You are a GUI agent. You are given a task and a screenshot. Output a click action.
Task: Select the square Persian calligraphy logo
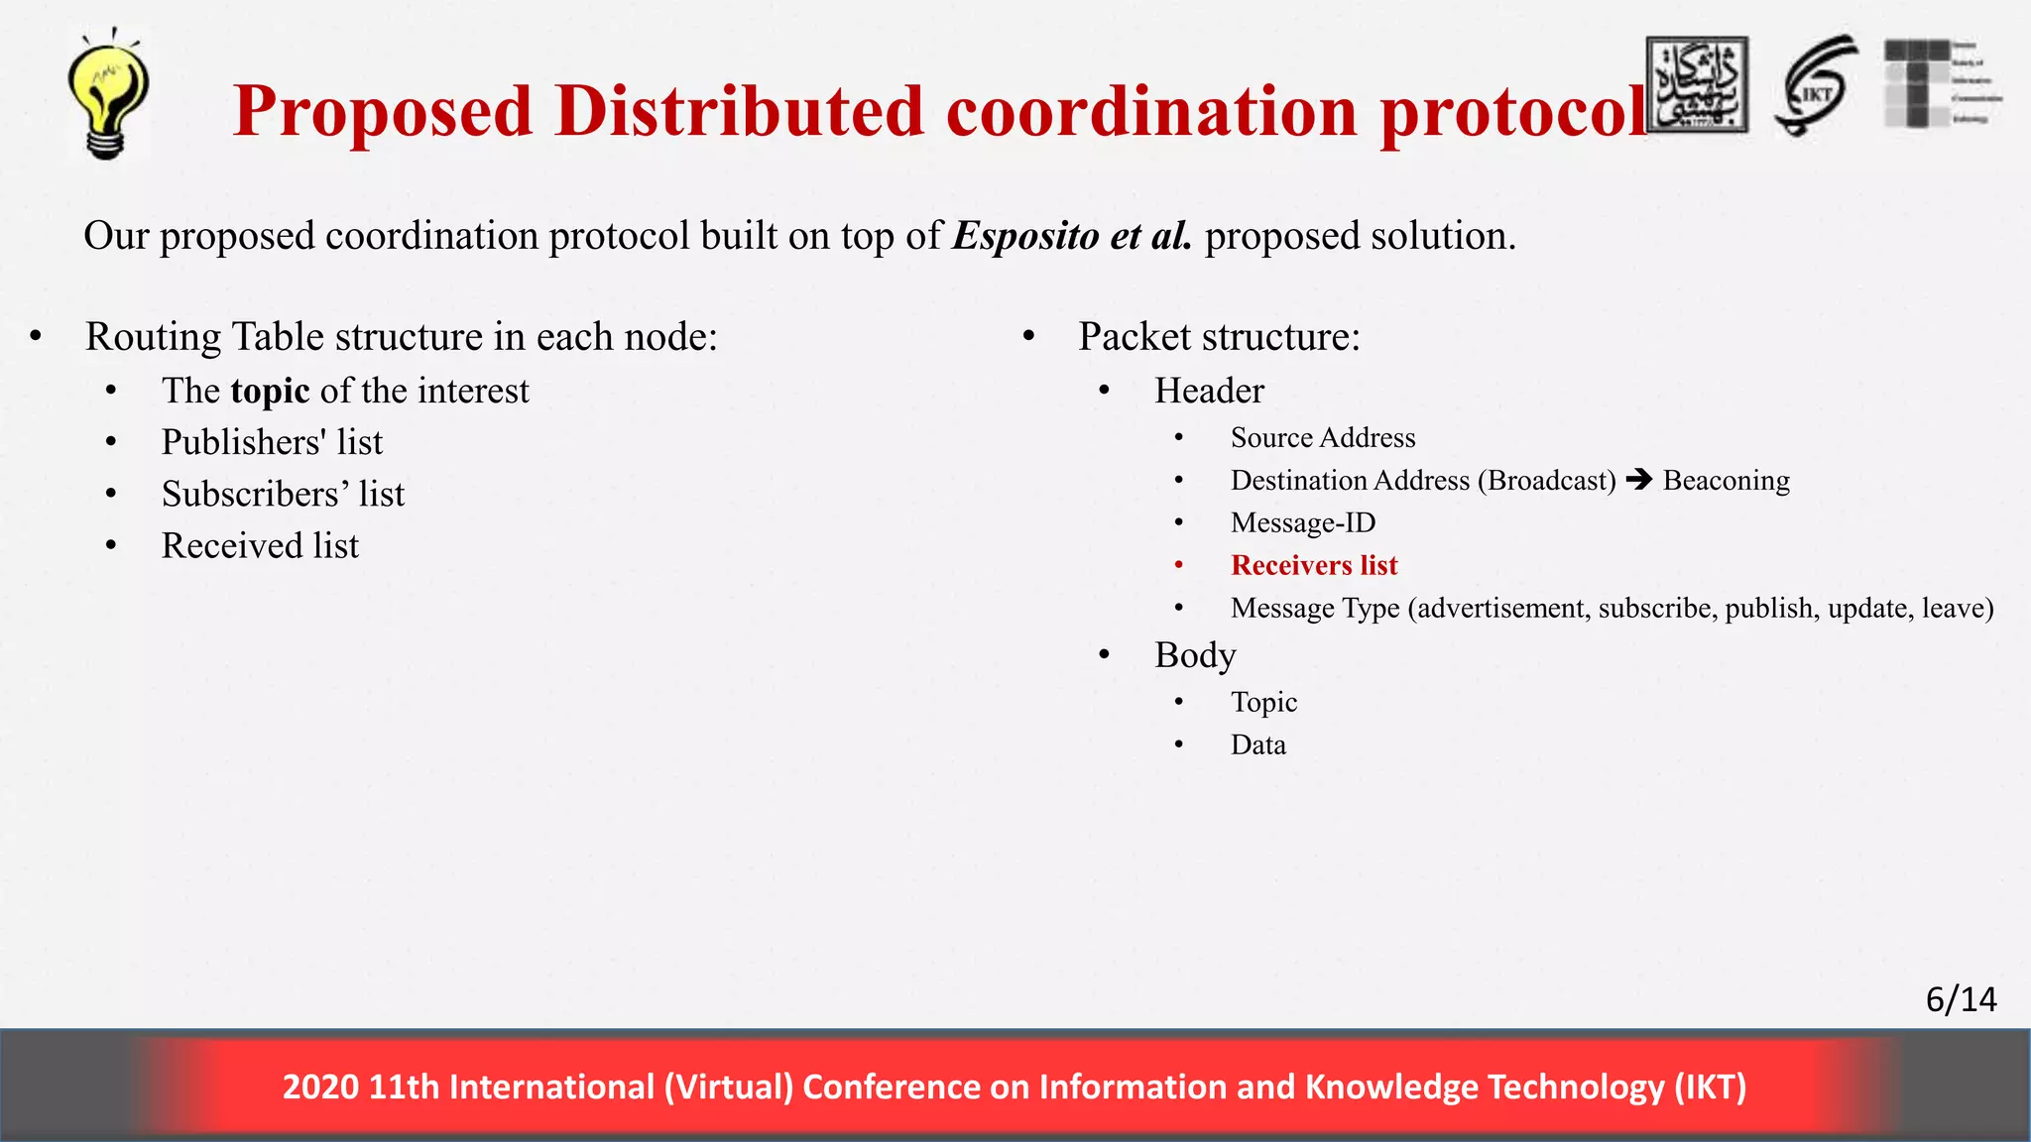pos(1697,85)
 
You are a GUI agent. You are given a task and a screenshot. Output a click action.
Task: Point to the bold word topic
pos(270,391)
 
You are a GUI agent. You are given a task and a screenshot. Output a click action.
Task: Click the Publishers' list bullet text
pos(272,442)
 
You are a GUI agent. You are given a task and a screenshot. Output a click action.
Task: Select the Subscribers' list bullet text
pos(283,494)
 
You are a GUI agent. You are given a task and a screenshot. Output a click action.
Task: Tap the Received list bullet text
pos(260,545)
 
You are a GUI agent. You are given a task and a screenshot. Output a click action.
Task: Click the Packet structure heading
pos(1219,336)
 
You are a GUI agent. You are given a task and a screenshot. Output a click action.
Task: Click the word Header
pos(1209,391)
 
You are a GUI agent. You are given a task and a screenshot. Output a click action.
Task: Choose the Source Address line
pos(1323,437)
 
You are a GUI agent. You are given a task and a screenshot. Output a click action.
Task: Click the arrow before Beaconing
pos(1639,480)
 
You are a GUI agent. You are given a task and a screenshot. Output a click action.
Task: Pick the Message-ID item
pos(1303,522)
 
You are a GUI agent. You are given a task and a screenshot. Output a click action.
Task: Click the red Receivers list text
pos(1314,565)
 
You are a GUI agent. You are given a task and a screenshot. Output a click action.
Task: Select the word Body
pos(1195,655)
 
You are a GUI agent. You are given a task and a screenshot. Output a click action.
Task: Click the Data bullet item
pos(1257,744)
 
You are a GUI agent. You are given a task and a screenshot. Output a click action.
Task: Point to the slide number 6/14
pos(1961,999)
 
